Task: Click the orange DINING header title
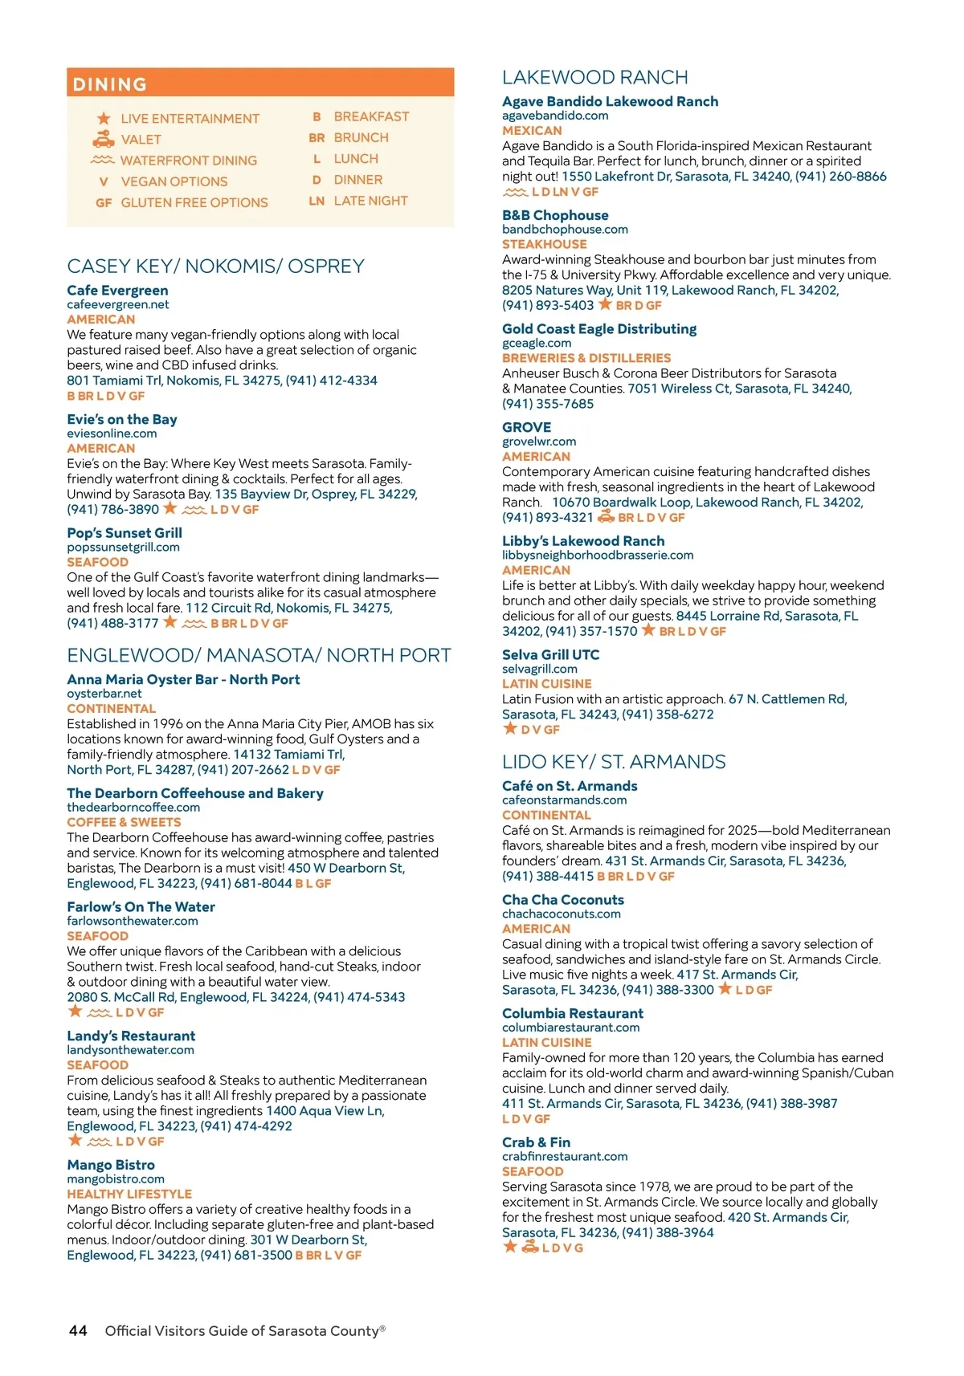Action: coord(110,84)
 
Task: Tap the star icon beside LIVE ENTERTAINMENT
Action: coord(104,119)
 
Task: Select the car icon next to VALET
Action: coord(104,140)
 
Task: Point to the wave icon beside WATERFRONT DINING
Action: coord(104,161)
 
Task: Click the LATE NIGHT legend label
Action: coord(370,201)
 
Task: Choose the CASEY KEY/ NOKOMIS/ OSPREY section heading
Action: coord(215,267)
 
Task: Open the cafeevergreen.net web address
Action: coord(118,305)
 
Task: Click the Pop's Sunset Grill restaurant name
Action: coord(125,533)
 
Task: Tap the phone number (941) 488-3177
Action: coord(112,624)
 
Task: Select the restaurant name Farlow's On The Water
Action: coord(141,907)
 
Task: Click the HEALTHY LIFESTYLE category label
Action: coord(129,1195)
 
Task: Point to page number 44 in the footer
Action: coord(78,1331)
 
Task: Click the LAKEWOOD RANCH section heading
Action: coord(594,78)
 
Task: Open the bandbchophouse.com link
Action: coord(565,230)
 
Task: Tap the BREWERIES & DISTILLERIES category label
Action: coord(586,358)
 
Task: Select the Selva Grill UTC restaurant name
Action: coord(550,655)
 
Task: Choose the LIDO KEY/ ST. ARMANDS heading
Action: coord(614,763)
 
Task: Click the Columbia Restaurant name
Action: coord(573,1014)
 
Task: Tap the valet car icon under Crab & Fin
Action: coord(530,1248)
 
